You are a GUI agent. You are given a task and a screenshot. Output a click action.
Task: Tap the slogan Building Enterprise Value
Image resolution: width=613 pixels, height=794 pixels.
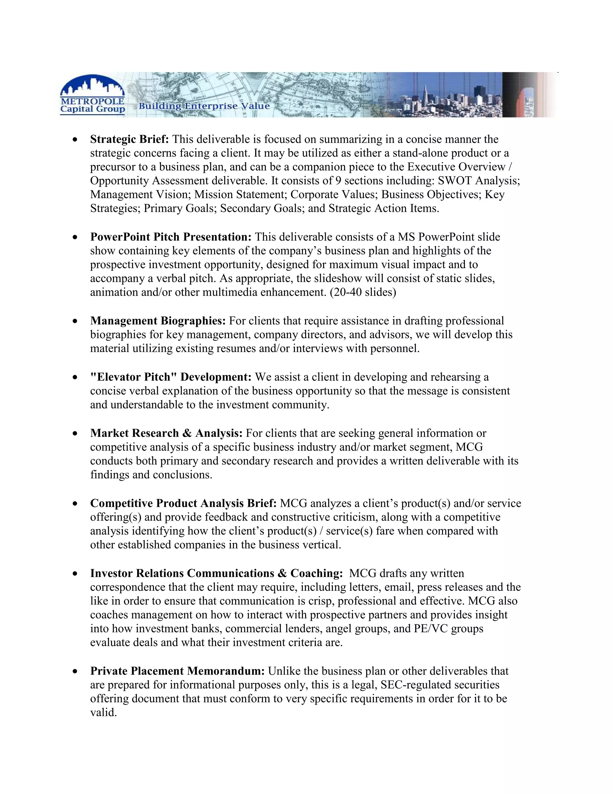tap(204, 106)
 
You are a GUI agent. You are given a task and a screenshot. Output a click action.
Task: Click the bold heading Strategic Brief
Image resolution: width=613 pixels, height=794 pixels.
tap(130, 139)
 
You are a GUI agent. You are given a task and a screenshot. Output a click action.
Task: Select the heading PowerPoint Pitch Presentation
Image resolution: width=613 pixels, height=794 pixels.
tap(171, 237)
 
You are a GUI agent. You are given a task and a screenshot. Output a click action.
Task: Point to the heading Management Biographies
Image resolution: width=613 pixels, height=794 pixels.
tap(158, 321)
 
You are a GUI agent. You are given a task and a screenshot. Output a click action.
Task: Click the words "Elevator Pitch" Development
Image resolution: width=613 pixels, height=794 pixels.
tap(171, 377)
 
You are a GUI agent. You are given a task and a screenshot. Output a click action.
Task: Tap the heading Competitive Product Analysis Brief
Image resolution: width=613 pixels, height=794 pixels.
tap(183, 504)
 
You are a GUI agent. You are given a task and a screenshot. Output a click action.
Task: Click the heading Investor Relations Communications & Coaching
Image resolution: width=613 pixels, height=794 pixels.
tap(216, 573)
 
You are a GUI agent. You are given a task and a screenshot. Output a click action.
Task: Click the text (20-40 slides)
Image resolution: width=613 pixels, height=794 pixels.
tap(363, 292)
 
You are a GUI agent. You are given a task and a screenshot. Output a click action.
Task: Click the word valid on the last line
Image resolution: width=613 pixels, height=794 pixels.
tap(103, 713)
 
